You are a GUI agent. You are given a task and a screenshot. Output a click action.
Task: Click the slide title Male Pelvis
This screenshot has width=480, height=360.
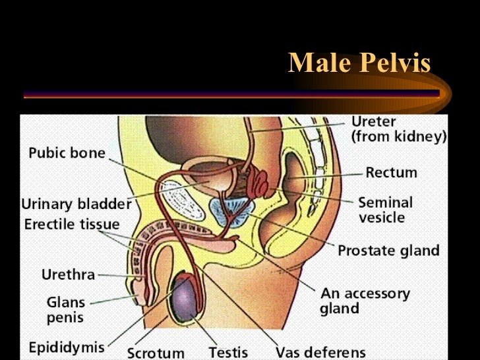click(359, 63)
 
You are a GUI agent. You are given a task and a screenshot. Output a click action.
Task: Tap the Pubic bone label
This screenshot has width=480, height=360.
click(67, 154)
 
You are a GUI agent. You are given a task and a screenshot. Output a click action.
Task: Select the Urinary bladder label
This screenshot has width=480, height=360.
click(76, 204)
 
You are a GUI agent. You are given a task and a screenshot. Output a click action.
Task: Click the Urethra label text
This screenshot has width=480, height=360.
click(68, 274)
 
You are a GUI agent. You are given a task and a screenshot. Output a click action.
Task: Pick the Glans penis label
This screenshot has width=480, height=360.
click(65, 309)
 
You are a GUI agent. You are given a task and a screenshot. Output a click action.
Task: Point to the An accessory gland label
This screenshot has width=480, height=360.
click(365, 300)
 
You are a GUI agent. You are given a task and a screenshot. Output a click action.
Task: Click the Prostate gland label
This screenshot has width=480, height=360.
click(388, 251)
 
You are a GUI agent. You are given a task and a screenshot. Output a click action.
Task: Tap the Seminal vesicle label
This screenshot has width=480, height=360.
click(385, 209)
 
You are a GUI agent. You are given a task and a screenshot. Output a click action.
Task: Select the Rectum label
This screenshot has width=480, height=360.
click(391, 173)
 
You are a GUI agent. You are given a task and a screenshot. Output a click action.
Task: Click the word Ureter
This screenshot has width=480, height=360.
click(373, 122)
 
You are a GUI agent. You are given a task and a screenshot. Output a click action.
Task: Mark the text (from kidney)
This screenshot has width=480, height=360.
click(398, 138)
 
